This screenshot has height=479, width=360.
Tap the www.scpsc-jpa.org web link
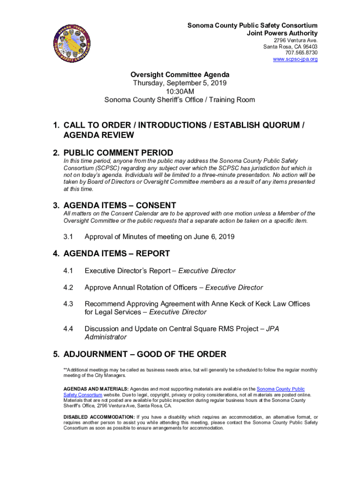coord(295,59)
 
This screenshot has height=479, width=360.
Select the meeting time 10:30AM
coord(180,91)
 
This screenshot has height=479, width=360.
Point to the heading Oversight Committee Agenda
coord(180,75)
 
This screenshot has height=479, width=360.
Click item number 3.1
coord(68,237)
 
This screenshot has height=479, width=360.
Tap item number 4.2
coord(68,288)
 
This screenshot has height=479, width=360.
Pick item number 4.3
coord(68,304)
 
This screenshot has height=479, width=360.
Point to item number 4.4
coord(68,328)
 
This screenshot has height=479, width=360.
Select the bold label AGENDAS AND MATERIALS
coord(96,389)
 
